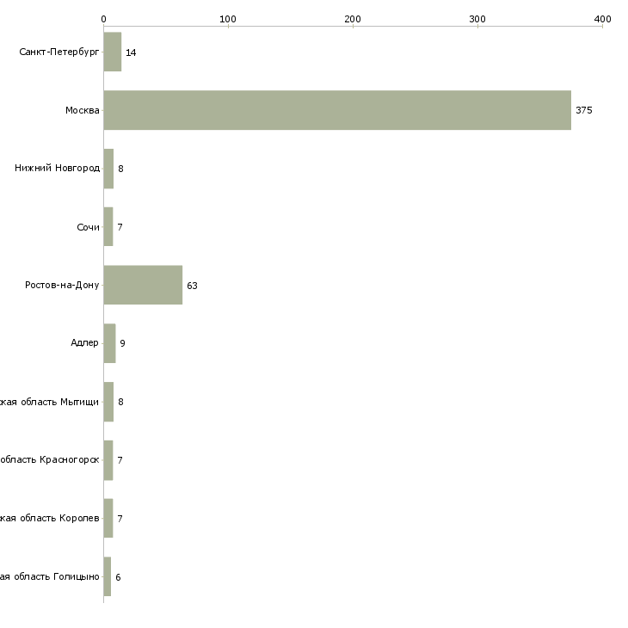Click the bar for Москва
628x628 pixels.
coord(337,110)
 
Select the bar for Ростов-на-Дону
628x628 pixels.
coord(143,285)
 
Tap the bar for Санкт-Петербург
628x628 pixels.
coord(113,52)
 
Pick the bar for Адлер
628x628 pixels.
coord(109,343)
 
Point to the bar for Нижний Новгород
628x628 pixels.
coord(108,169)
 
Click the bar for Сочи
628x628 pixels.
coord(108,226)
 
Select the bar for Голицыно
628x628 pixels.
coord(108,576)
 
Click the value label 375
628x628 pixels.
coord(584,110)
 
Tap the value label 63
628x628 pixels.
coord(192,286)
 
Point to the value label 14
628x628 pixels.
coord(131,52)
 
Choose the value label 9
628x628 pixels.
coord(122,343)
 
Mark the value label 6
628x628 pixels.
coord(118,576)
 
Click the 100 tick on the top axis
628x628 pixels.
coord(228,19)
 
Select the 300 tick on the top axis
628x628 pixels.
coord(477,19)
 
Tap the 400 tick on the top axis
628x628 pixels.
coord(602,19)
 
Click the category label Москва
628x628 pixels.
coord(83,110)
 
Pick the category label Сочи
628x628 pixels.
coord(88,227)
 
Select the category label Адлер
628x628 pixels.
coord(84,343)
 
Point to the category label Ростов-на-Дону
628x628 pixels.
coord(62,285)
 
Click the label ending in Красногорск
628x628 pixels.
coord(50,460)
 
